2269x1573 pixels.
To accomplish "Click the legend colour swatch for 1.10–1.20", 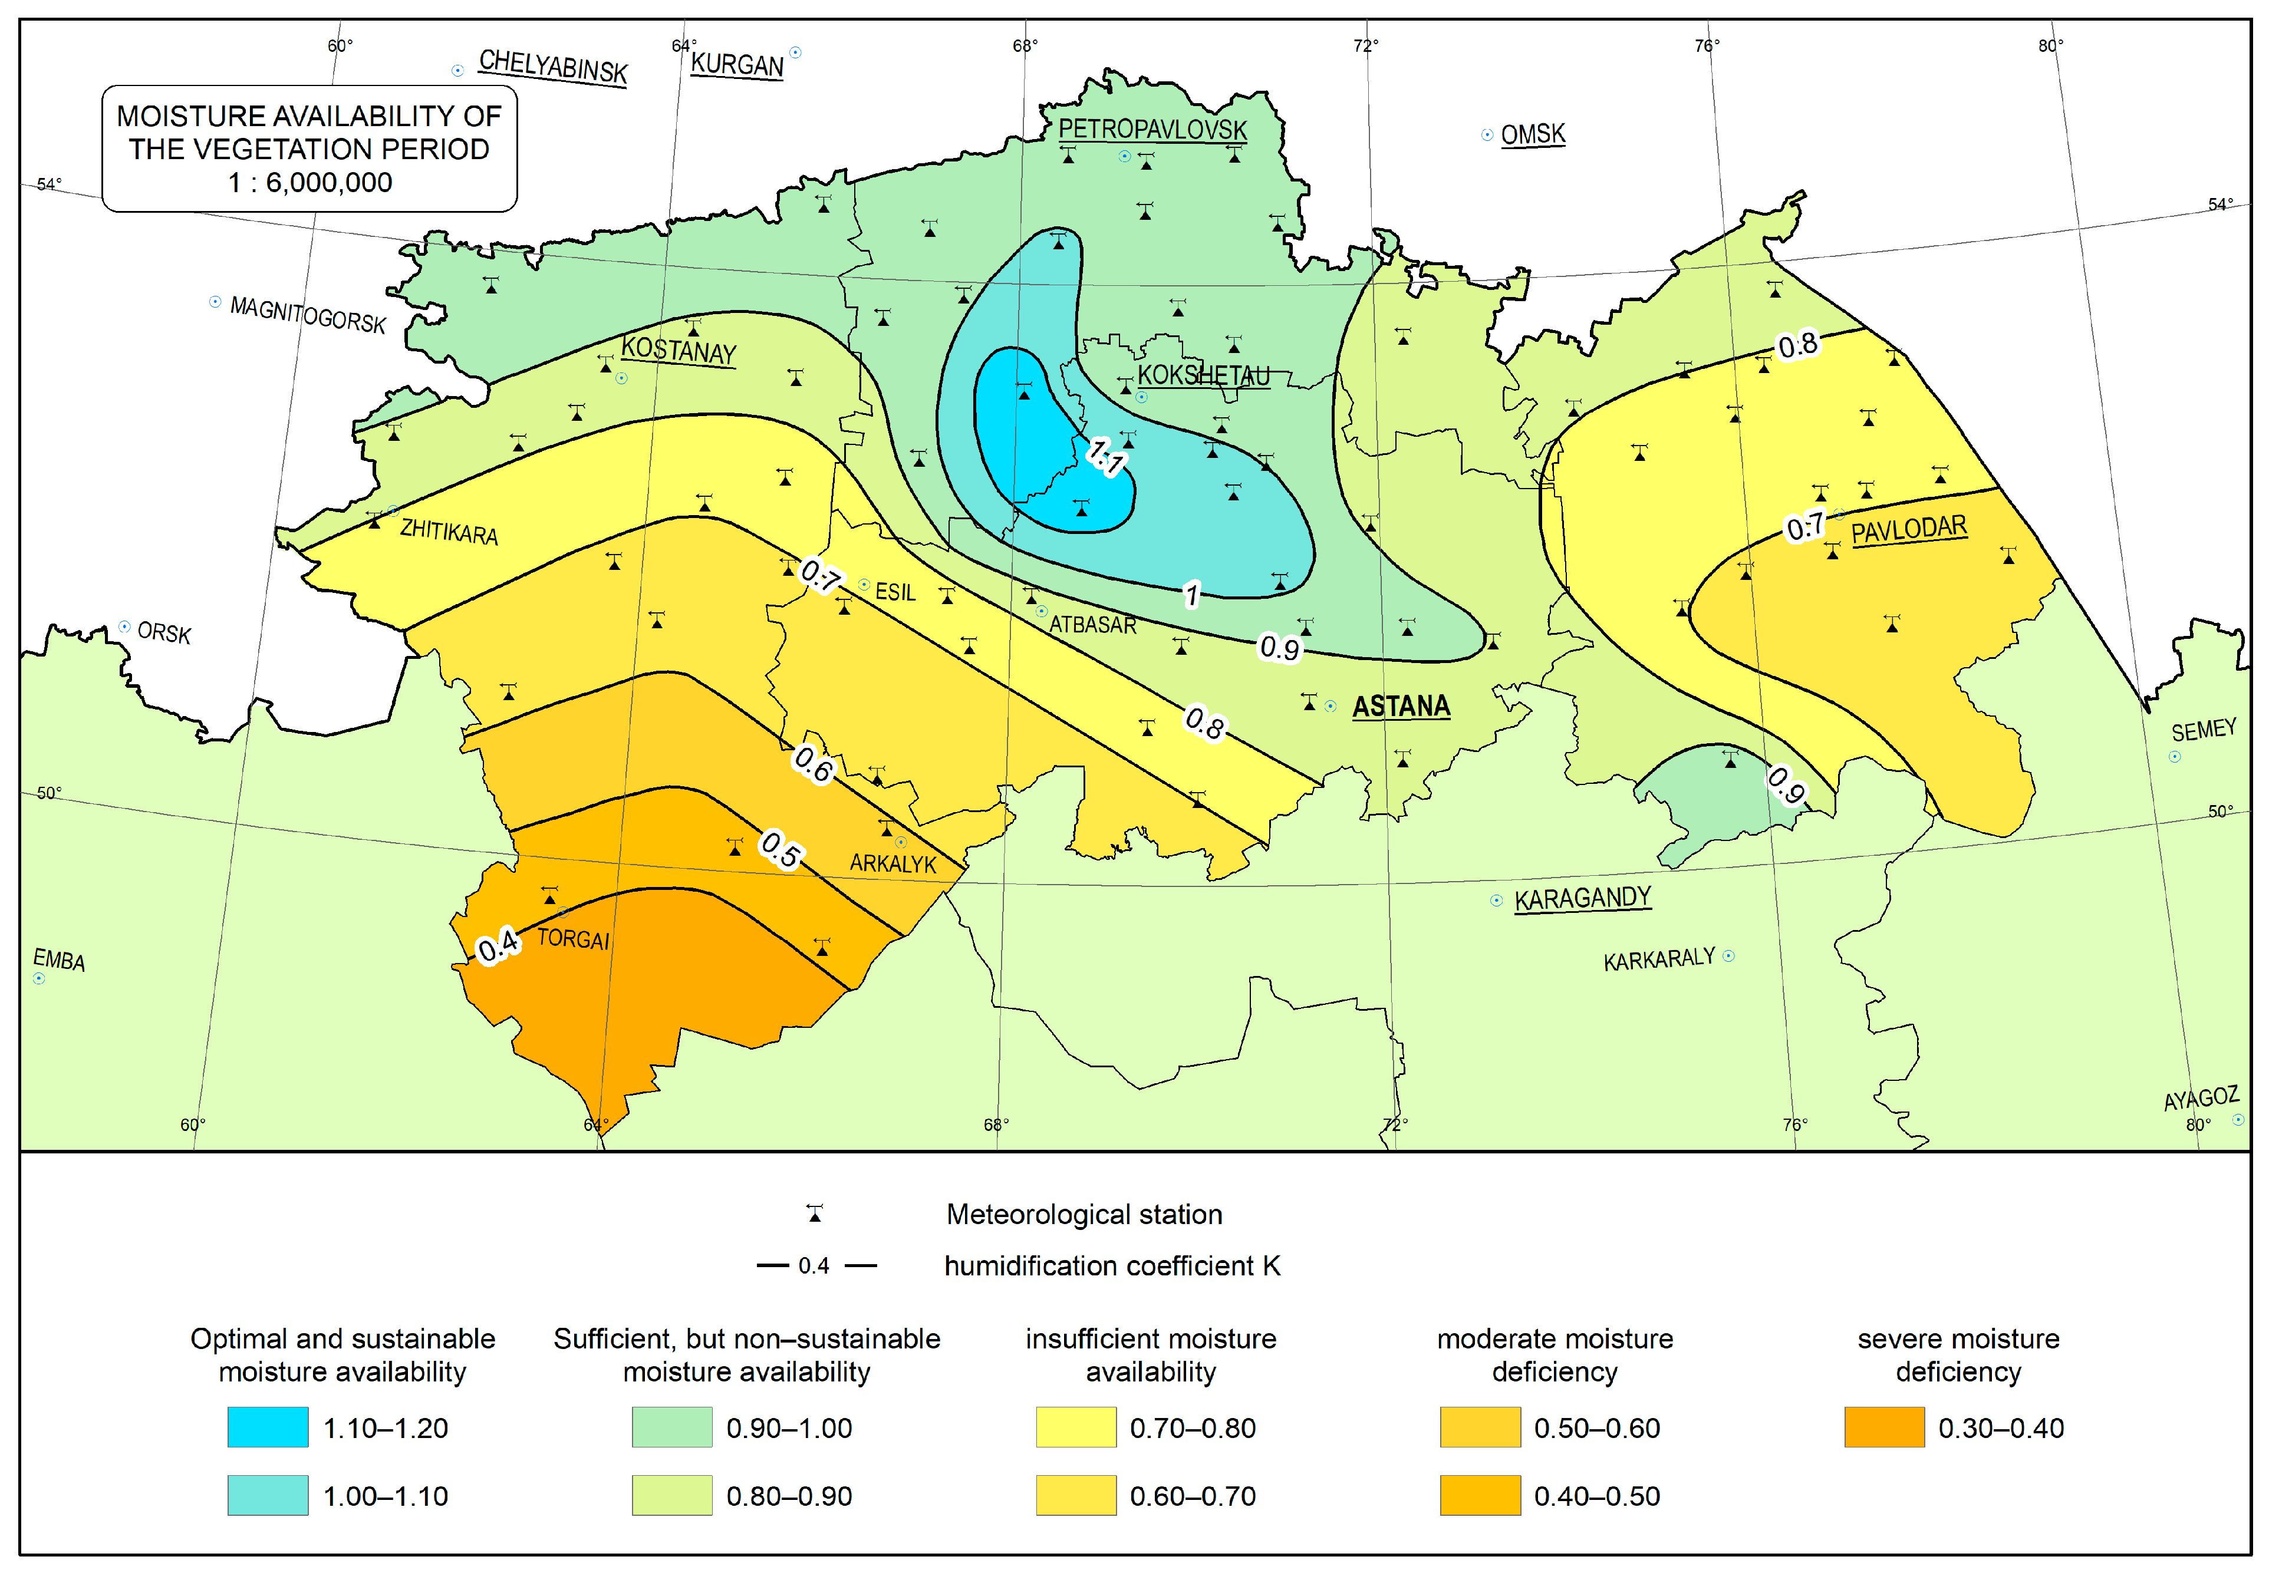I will [267, 1426].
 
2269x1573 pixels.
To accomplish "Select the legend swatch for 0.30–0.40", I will [1883, 1426].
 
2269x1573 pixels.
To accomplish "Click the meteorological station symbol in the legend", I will [814, 1213].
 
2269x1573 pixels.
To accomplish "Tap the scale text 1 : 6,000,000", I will [309, 182].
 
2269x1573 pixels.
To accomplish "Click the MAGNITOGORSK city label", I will [308, 315].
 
